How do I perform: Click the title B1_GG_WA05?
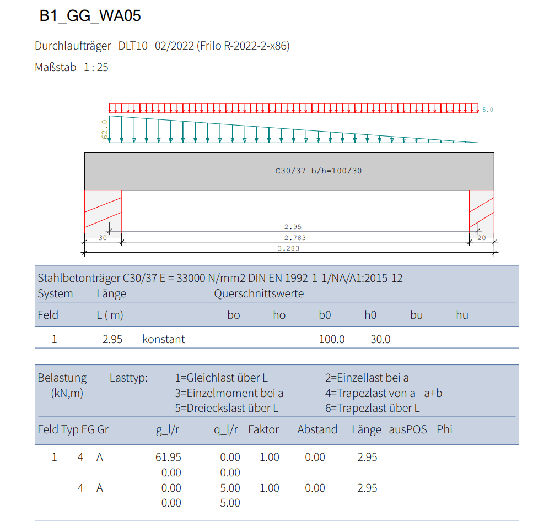90,16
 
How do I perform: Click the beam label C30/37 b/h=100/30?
319,171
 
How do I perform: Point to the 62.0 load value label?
105,129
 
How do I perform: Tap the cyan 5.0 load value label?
488,110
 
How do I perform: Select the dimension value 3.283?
289,248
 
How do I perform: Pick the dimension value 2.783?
295,238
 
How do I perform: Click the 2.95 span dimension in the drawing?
293,227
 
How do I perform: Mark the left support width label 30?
103,238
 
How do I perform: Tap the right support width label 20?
482,238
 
